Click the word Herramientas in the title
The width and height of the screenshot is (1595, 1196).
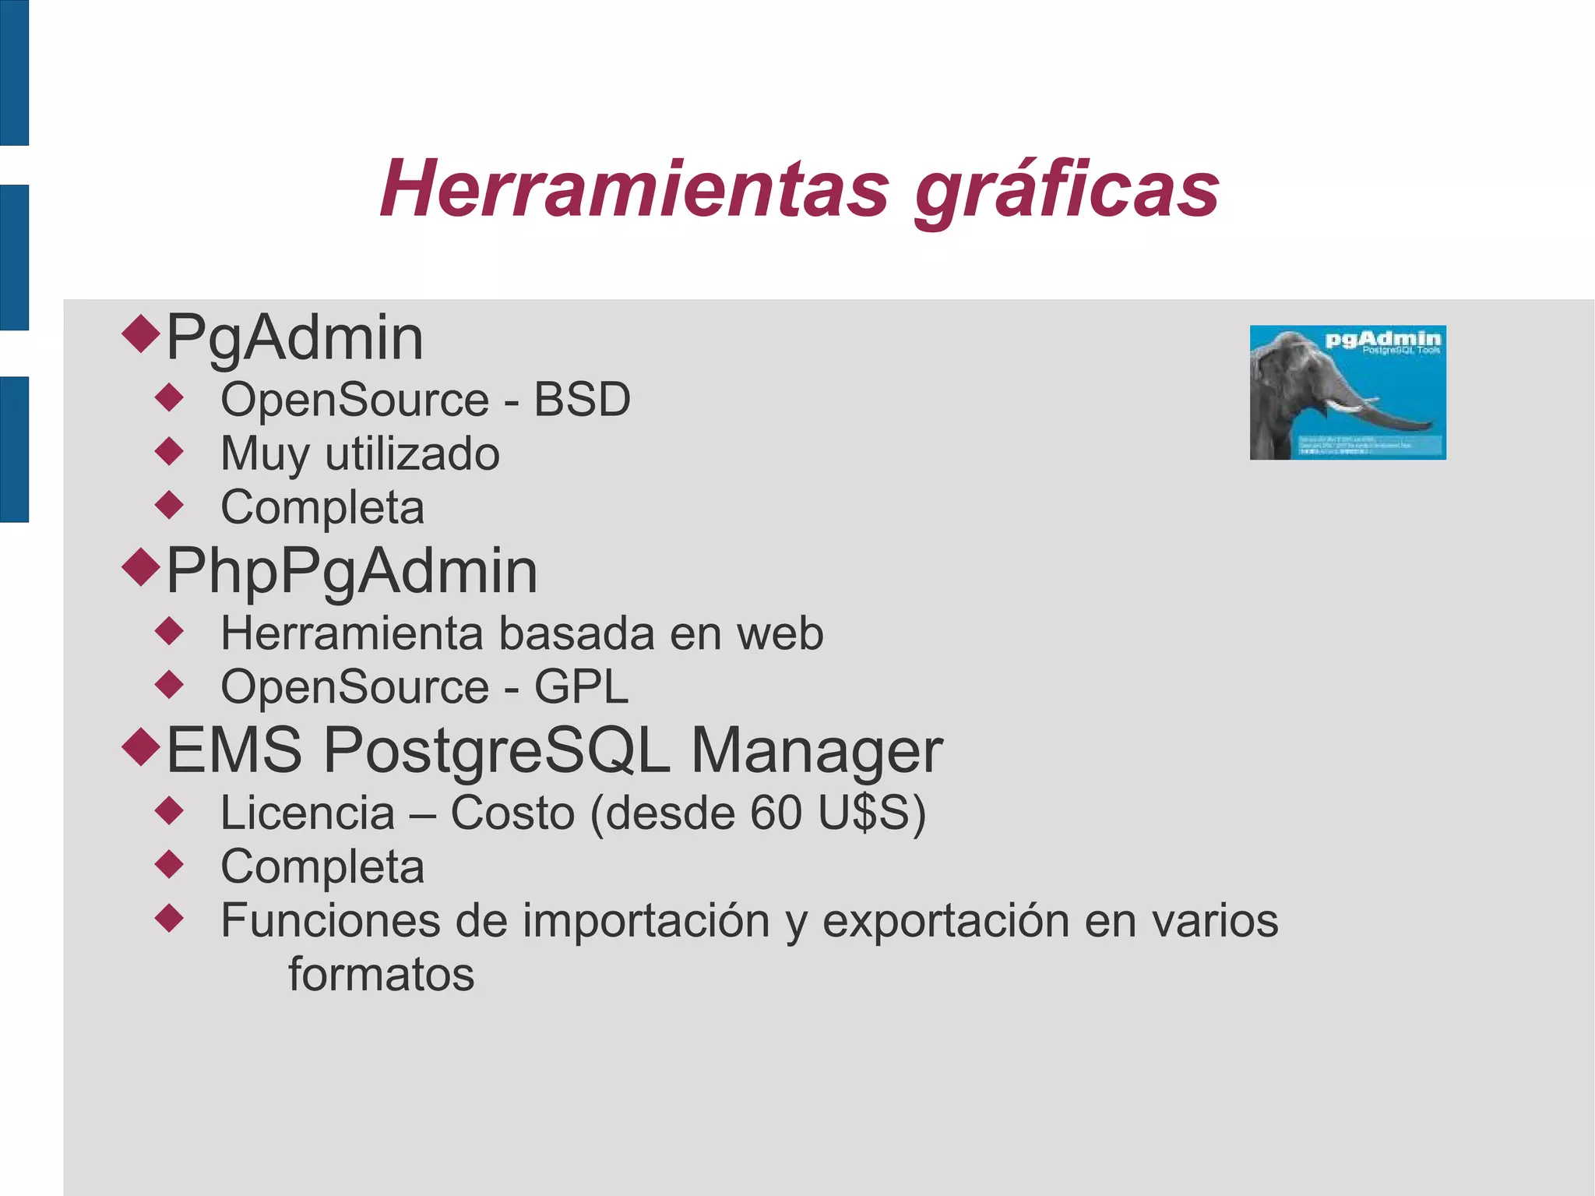[x=634, y=189]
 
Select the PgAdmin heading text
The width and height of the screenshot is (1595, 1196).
[x=294, y=338]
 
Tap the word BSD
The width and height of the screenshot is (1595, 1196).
[x=582, y=400]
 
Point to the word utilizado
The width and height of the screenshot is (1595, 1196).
[x=412, y=454]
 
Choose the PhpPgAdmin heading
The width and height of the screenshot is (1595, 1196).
[x=352, y=572]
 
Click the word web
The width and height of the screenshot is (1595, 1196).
[x=780, y=633]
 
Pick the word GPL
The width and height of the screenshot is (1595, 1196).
[x=580, y=687]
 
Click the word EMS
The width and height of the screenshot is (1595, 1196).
[x=234, y=750]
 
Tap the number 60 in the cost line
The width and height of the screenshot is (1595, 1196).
[x=776, y=813]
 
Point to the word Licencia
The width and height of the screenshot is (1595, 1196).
[x=308, y=813]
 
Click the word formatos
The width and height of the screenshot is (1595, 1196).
[x=381, y=975]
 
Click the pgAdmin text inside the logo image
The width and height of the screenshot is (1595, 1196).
[x=1382, y=339]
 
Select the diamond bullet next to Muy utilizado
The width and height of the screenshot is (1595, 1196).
[x=169, y=451]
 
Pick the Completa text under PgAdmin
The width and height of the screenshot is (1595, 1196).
[x=322, y=508]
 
